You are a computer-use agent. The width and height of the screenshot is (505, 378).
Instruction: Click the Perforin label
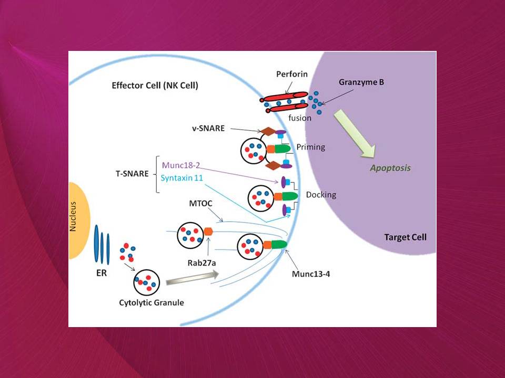click(x=292, y=74)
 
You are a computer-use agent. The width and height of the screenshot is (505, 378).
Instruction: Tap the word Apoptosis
click(x=390, y=169)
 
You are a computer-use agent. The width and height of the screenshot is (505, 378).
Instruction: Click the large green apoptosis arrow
click(x=357, y=133)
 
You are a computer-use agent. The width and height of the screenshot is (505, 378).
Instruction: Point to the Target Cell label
click(x=405, y=237)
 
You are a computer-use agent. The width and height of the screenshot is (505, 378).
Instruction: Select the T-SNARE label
click(x=132, y=173)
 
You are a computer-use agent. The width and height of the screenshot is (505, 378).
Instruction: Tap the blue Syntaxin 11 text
click(x=183, y=178)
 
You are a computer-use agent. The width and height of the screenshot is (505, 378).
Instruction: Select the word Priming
click(x=311, y=147)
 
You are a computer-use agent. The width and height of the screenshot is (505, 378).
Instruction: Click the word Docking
click(x=321, y=195)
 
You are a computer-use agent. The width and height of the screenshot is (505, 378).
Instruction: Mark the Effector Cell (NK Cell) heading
click(x=155, y=86)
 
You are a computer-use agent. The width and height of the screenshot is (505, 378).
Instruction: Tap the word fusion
click(x=300, y=118)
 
